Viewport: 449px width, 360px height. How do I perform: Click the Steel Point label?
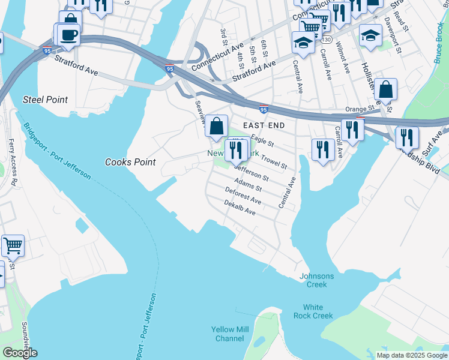point(46,100)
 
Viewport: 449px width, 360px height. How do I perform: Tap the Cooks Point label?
point(130,162)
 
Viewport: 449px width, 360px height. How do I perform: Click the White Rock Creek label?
point(313,311)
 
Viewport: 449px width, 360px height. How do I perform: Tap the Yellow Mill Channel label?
point(229,334)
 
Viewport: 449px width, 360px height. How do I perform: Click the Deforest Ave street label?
point(243,195)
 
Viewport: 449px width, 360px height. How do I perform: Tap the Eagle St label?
point(262,142)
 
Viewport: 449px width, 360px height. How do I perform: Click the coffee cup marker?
point(69,34)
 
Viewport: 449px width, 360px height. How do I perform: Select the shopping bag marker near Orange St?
point(386,90)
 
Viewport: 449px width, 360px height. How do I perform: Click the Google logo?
point(20,353)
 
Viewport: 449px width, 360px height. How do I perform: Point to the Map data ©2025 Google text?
point(411,355)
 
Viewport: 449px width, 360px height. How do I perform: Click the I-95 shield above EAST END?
point(264,109)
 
